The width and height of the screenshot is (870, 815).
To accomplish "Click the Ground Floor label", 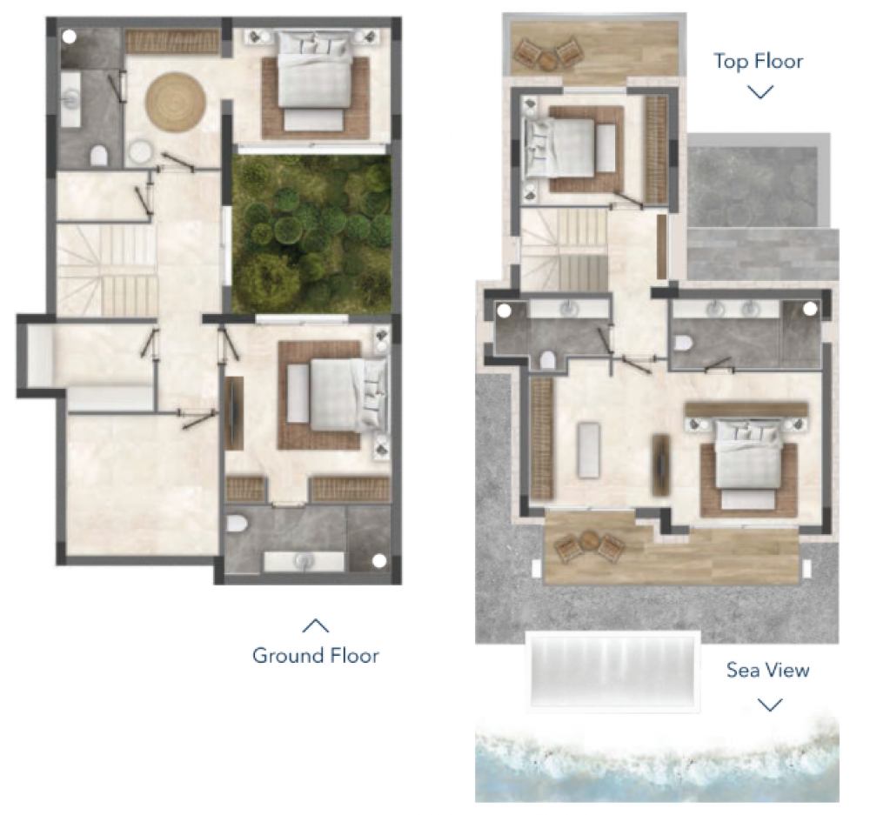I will tap(315, 655).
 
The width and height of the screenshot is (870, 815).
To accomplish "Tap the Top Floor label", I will tap(758, 61).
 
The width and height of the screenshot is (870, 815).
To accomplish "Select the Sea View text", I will tap(768, 670).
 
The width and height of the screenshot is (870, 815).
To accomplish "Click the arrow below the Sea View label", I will tap(769, 705).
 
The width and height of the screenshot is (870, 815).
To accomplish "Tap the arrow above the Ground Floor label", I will tap(315, 625).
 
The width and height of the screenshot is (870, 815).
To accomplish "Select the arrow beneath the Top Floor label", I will tap(760, 91).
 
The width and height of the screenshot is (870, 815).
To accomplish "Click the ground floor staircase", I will tap(107, 271).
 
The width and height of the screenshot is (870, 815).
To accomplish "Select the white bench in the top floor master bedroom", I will tap(587, 449).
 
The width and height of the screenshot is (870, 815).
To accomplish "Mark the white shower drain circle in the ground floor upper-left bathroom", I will tap(70, 37).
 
